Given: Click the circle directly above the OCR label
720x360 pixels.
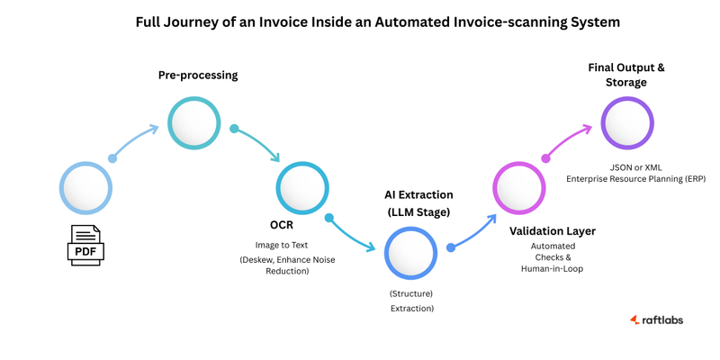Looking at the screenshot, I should click(x=302, y=187).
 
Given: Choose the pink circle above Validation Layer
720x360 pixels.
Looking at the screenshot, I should click(x=519, y=188).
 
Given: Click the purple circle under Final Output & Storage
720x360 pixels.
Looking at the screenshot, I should click(x=627, y=122).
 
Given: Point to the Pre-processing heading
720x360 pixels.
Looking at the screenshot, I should click(x=198, y=76).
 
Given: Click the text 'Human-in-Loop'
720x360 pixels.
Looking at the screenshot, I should click(x=552, y=268).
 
